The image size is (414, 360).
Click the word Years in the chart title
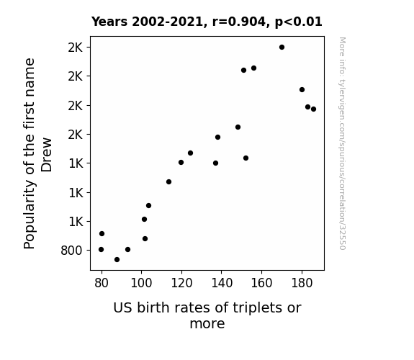click(x=109, y=22)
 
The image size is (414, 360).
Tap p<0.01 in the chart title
click(x=299, y=22)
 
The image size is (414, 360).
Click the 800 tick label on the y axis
click(x=71, y=251)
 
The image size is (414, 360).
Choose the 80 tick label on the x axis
click(x=102, y=283)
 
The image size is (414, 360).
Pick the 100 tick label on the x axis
click(x=141, y=283)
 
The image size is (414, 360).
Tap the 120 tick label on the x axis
click(x=181, y=283)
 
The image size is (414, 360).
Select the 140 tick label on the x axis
click(x=222, y=283)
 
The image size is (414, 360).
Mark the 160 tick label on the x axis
click(x=261, y=283)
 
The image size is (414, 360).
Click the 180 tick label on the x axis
click(x=302, y=283)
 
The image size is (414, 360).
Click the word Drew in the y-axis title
click(x=47, y=155)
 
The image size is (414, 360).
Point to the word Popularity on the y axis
click(x=30, y=215)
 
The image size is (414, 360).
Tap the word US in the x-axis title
click(x=123, y=308)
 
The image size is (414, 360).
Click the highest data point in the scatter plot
click(x=282, y=48)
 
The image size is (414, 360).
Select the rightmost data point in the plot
click(x=313, y=109)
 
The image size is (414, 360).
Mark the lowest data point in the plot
click(x=117, y=260)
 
